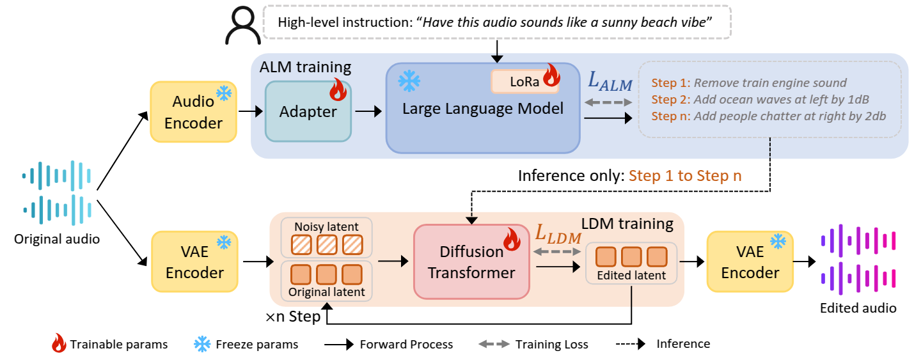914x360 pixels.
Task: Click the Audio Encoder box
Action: (x=194, y=113)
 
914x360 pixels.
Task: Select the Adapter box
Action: (x=308, y=112)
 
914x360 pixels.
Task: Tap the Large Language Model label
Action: (x=482, y=109)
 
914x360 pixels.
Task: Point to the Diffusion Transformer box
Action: (x=471, y=262)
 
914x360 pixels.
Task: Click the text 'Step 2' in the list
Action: (x=670, y=100)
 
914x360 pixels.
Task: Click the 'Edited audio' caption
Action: (x=858, y=308)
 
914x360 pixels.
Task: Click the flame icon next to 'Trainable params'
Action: (x=59, y=344)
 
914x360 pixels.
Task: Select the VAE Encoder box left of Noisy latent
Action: (x=194, y=262)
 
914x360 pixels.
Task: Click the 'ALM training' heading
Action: (x=305, y=67)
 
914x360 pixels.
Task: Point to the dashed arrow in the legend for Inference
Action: (x=629, y=344)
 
